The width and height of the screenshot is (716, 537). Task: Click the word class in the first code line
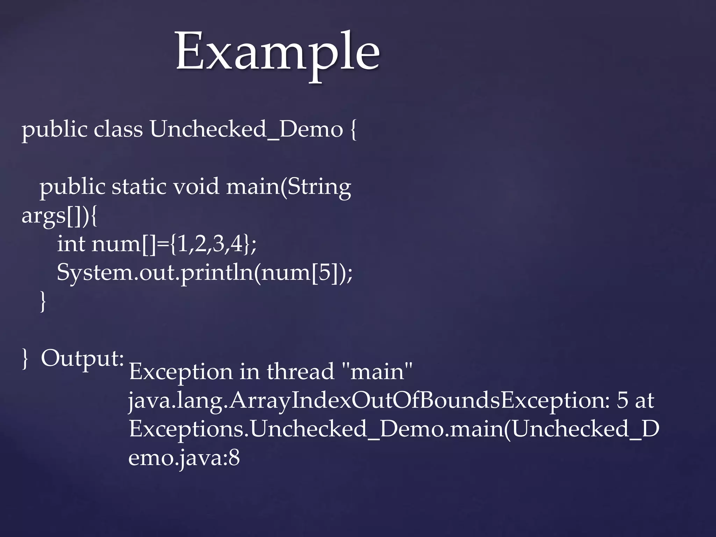click(118, 129)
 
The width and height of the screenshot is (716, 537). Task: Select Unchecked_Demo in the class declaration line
click(246, 129)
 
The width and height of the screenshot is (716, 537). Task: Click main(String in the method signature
click(288, 187)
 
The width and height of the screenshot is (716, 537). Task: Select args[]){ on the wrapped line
click(59, 216)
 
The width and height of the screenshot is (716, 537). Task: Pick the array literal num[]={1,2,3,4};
click(174, 244)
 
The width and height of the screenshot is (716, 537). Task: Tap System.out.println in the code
click(155, 273)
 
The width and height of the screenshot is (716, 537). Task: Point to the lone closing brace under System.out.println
click(43, 301)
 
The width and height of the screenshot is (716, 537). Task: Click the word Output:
click(82, 359)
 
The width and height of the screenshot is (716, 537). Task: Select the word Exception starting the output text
click(181, 372)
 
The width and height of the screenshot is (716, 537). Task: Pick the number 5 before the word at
click(622, 400)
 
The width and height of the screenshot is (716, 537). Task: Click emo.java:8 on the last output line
click(184, 458)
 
